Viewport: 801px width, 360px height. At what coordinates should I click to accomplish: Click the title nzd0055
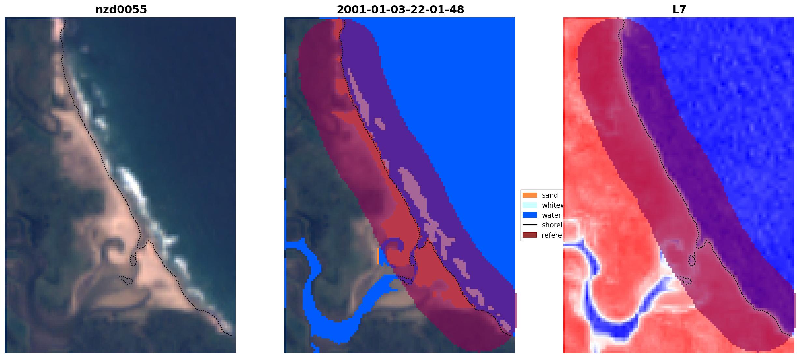(121, 10)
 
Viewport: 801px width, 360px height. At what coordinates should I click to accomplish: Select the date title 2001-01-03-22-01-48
(400, 10)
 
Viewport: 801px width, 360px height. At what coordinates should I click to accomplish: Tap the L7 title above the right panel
(679, 10)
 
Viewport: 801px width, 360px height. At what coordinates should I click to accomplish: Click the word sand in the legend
(550, 195)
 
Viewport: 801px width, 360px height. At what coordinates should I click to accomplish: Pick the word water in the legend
(551, 215)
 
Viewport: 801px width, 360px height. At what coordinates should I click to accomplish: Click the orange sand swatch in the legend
(529, 195)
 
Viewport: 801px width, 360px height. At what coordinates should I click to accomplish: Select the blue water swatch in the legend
(529, 215)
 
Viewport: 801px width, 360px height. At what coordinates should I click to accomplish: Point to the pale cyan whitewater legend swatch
(529, 205)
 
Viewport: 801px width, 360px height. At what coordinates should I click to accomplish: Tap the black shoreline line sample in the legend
(529, 225)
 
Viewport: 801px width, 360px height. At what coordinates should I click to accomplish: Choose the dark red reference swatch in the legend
(529, 235)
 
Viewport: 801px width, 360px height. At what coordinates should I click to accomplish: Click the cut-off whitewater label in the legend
(552, 205)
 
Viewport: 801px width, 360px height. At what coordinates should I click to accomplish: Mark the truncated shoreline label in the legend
(552, 225)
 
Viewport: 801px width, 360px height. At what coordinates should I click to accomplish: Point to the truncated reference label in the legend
(552, 235)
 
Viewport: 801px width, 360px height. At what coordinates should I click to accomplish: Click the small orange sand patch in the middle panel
(378, 256)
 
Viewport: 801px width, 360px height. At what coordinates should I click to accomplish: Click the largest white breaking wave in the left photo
(132, 182)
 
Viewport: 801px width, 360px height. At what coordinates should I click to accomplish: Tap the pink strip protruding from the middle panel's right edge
(516, 310)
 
